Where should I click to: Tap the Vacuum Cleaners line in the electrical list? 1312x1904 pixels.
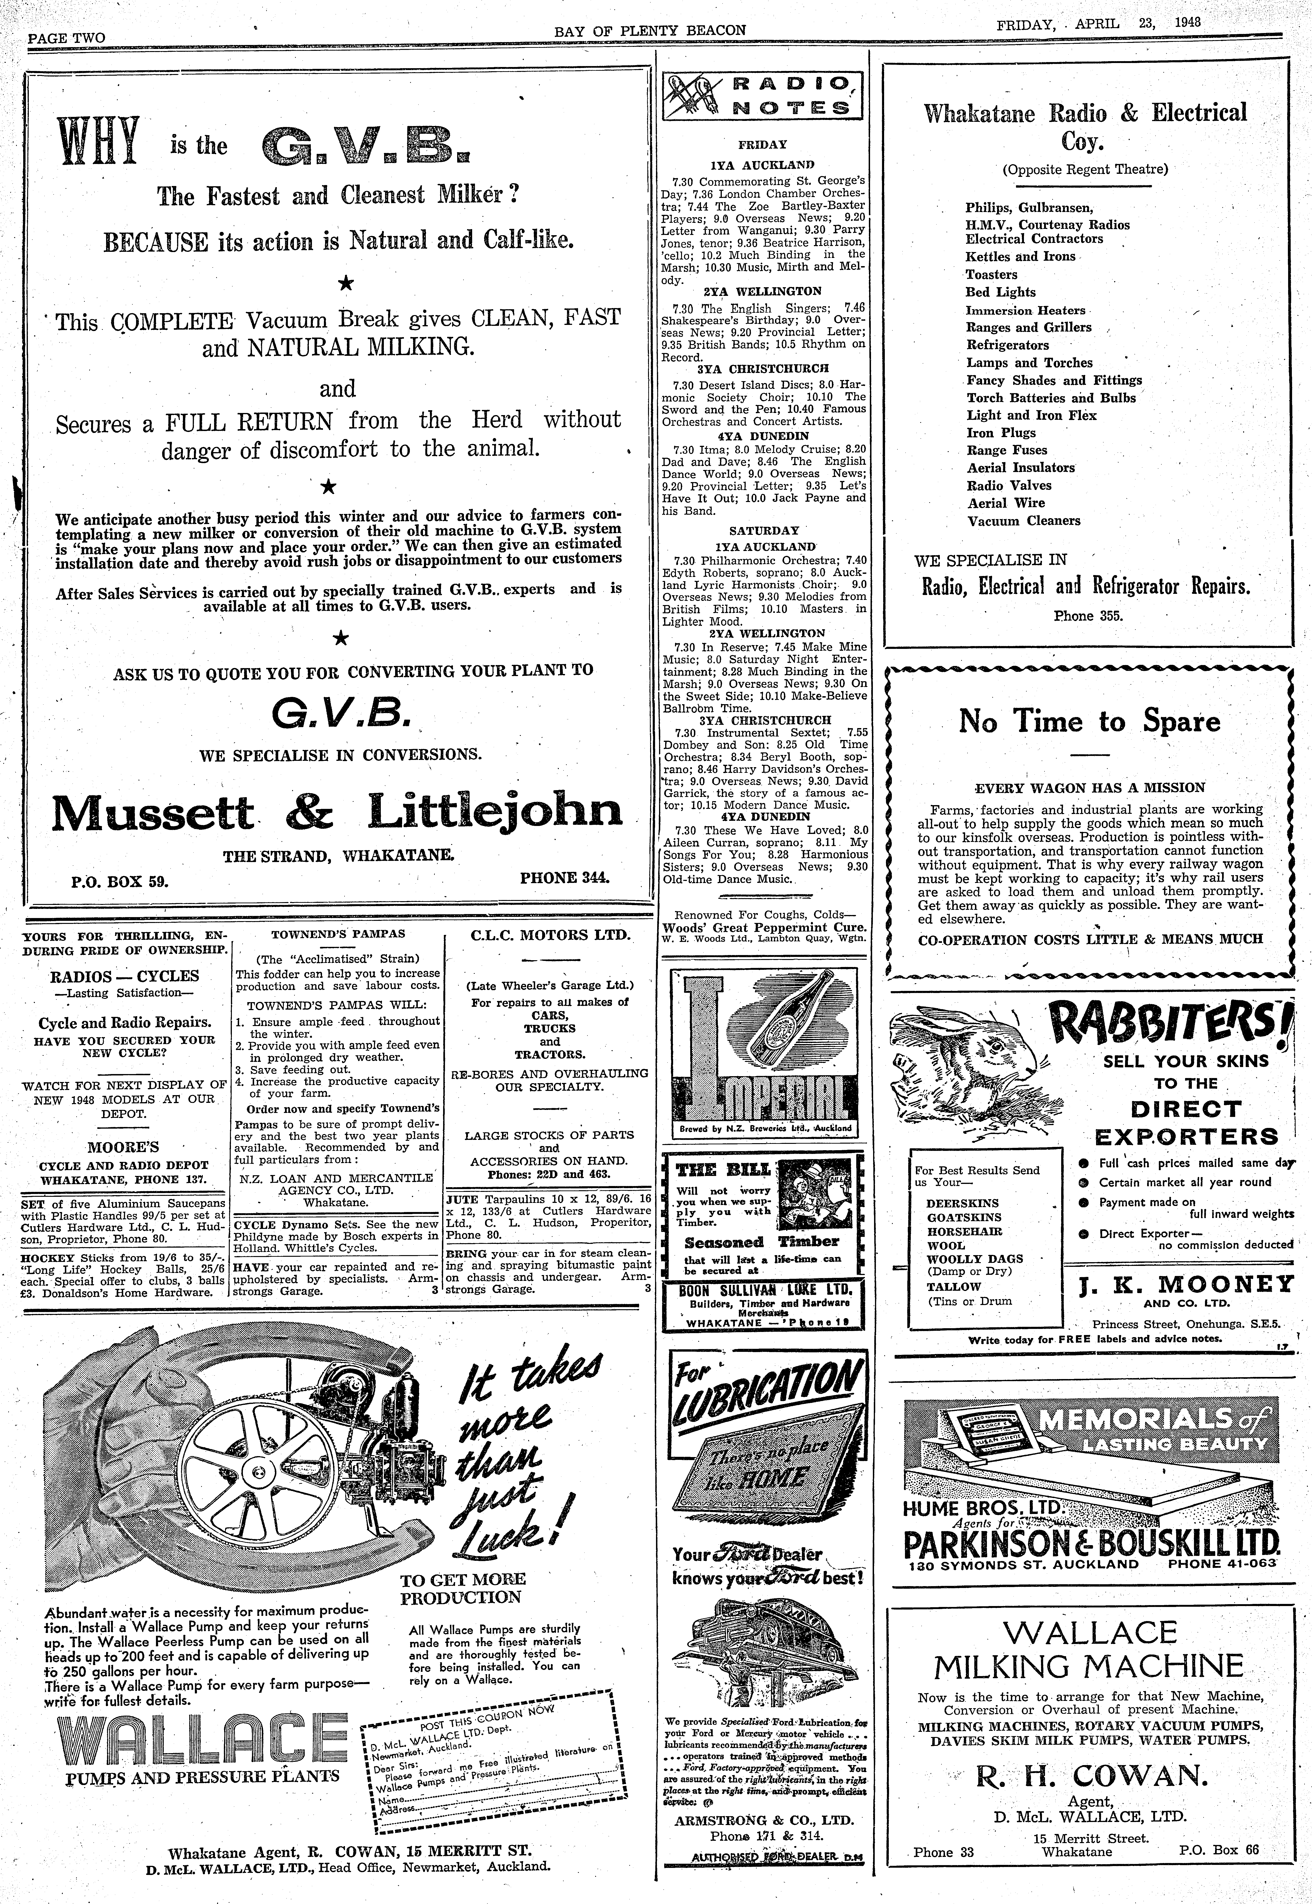[1023, 521]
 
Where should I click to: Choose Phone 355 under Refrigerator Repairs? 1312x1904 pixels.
[1088, 615]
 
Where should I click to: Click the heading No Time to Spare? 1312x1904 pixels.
[1089, 722]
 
